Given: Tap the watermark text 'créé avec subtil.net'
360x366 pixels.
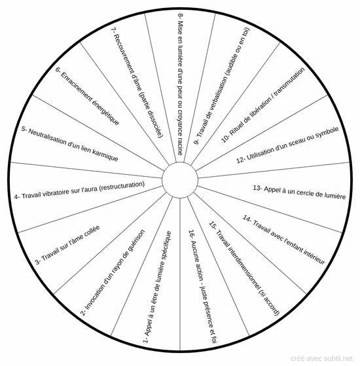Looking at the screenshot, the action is pyautogui.click(x=321, y=358).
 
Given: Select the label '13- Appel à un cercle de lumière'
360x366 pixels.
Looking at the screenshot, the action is pyautogui.click(x=299, y=192).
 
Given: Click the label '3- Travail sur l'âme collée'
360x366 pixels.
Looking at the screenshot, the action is pyautogui.click(x=67, y=245).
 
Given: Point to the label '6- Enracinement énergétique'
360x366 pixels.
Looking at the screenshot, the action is pyautogui.click(x=88, y=96).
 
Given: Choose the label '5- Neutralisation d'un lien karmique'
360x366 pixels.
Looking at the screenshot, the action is pyautogui.click(x=70, y=144).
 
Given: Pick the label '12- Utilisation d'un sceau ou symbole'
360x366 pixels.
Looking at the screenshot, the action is pyautogui.click(x=287, y=145).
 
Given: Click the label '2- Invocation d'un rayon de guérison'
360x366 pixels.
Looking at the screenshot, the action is pyautogui.click(x=113, y=272).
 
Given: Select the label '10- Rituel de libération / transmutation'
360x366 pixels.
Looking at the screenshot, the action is pyautogui.click(x=262, y=105).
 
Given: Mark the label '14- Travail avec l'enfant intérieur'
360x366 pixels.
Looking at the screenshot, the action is pyautogui.click(x=283, y=240).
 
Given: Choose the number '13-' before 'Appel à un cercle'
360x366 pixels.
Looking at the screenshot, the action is pyautogui.click(x=257, y=188).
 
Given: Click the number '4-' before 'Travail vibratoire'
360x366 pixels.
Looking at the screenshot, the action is pyautogui.click(x=17, y=197).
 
